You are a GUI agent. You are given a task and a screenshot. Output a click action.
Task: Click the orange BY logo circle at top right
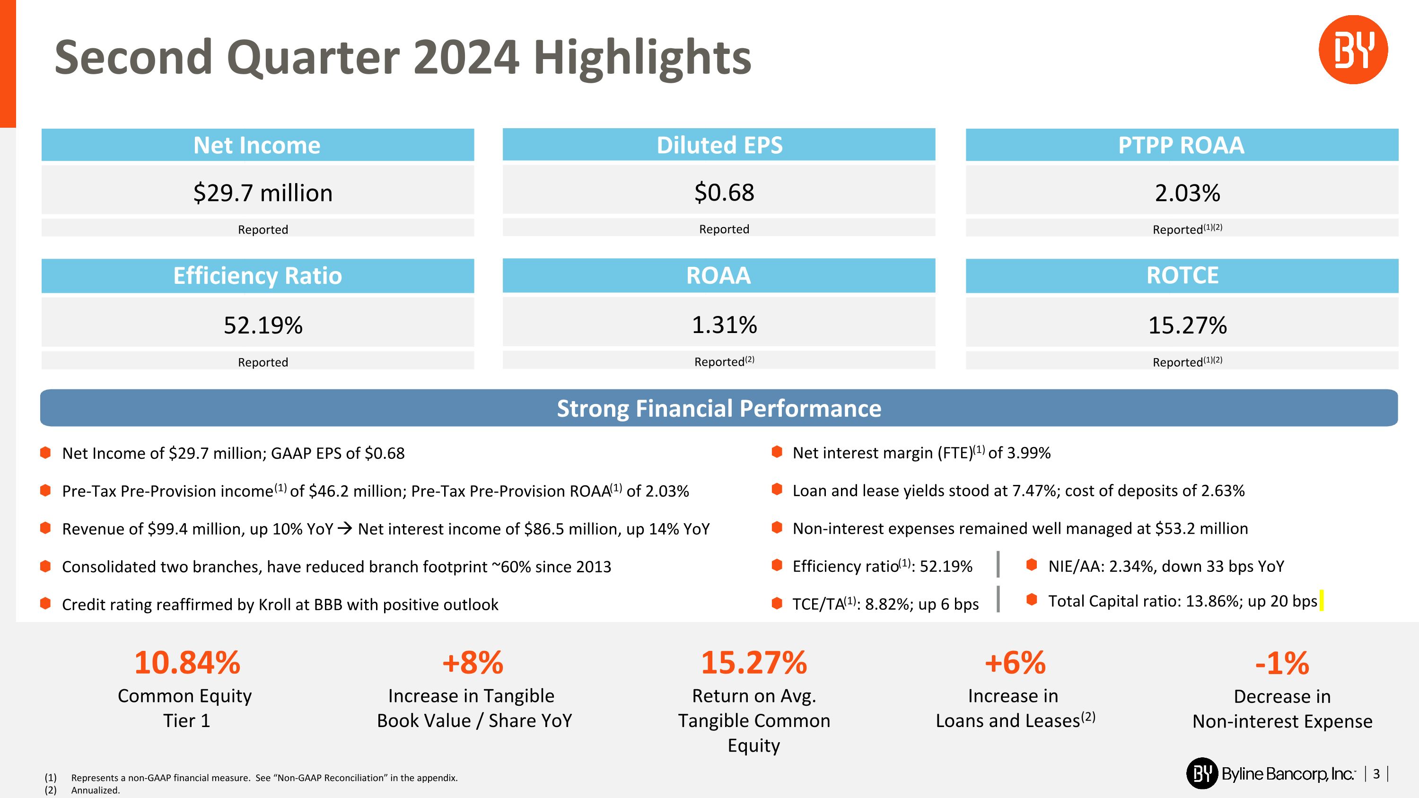point(1353,50)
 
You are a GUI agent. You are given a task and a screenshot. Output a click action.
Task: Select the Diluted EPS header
point(719,145)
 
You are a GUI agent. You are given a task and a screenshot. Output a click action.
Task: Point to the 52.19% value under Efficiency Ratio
point(263,325)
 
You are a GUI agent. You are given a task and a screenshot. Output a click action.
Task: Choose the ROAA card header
point(718,275)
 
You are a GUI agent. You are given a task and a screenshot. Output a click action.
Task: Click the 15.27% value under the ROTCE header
point(1188,325)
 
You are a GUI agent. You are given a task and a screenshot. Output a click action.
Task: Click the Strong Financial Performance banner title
point(719,409)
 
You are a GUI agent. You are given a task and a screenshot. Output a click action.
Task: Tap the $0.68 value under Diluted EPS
point(724,193)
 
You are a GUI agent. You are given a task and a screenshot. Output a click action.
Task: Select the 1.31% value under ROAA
point(724,325)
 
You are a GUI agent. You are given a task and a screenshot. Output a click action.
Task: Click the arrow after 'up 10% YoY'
point(345,529)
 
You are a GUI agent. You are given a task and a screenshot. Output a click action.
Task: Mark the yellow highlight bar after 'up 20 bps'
point(1322,600)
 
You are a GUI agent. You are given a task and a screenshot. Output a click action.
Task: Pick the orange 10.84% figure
point(187,663)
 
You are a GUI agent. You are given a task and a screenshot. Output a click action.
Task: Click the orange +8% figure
point(473,663)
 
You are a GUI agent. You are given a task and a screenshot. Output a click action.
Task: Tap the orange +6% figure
point(1015,663)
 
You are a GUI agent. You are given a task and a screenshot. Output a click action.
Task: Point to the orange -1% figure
point(1282,663)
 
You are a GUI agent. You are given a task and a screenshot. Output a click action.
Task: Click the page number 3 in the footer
point(1376,774)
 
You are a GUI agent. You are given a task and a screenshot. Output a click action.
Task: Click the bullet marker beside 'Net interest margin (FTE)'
point(777,452)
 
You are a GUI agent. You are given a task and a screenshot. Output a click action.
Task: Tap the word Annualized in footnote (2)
point(95,790)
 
